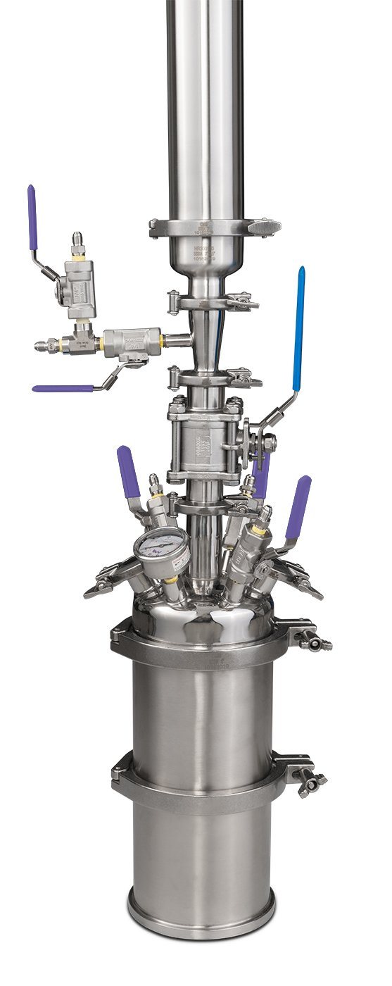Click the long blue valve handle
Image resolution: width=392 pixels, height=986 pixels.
click(x=299, y=328)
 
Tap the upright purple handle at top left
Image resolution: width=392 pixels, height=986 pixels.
click(x=32, y=218)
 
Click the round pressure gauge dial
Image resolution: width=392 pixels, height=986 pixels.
click(x=162, y=550)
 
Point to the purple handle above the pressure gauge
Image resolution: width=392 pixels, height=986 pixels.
click(x=129, y=473)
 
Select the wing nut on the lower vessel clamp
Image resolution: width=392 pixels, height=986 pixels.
click(x=310, y=782)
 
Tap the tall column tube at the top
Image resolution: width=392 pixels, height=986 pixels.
click(x=205, y=106)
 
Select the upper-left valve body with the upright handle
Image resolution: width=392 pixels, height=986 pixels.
click(x=75, y=289)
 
